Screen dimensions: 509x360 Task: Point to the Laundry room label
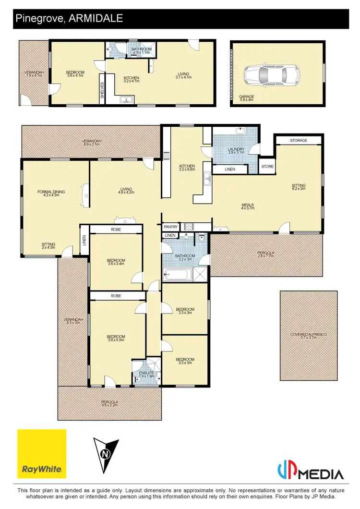[x=237, y=151]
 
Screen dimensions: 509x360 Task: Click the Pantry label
[x=170, y=227]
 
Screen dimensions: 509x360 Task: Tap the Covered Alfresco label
[x=308, y=336]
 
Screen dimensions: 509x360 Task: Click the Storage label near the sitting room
[x=299, y=141]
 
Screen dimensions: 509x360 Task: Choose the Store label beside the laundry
[x=267, y=167]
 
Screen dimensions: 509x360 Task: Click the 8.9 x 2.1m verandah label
[x=91, y=142]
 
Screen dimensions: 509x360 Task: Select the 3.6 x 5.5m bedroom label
[x=116, y=338]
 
